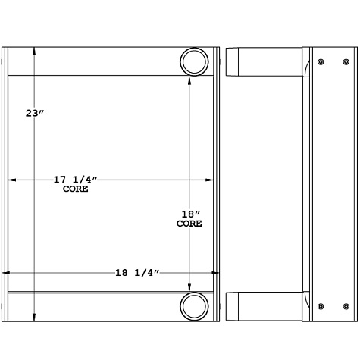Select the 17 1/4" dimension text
(76, 180)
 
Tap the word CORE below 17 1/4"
(76, 189)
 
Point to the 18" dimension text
(189, 214)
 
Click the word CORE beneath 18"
(189, 224)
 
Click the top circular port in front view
(196, 61)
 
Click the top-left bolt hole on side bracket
(321, 61)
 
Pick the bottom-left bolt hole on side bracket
(321, 306)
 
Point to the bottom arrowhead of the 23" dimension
(34, 319)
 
